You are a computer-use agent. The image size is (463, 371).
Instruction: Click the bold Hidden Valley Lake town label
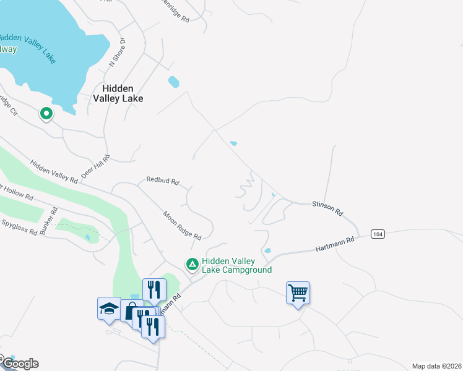[x=118, y=93]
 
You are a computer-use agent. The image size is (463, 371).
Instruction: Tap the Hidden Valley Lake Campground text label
[x=236, y=265]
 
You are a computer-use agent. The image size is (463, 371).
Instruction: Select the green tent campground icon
[x=193, y=265]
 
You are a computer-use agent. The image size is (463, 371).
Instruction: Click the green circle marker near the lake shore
[x=45, y=114]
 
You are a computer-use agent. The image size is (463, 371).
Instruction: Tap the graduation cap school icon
[x=108, y=307]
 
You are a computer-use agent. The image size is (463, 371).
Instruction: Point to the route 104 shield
[x=378, y=234]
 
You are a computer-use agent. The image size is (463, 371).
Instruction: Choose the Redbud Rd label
[x=162, y=181]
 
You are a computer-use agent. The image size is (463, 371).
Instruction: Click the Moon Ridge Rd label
[x=182, y=226]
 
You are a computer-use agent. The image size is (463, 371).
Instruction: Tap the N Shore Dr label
[x=118, y=52]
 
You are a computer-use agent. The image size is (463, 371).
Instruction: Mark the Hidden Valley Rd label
[x=54, y=171]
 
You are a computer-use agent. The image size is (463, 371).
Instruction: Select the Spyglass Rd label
[x=19, y=229]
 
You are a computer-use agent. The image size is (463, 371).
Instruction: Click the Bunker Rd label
[x=48, y=221]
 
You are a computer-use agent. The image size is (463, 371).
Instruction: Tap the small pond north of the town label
[x=173, y=82]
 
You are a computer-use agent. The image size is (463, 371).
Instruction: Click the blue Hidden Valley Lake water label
[x=35, y=46]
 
